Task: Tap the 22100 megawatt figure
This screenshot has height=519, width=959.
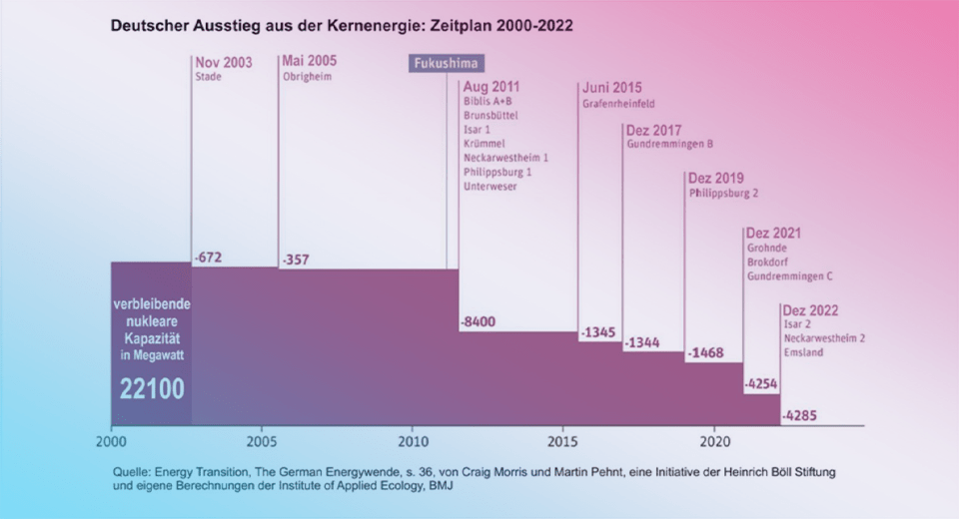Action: click(x=152, y=388)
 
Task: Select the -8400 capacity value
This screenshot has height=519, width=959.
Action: click(x=478, y=321)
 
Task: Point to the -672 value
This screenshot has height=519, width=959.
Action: click(x=208, y=258)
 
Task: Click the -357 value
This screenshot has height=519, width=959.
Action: click(x=296, y=259)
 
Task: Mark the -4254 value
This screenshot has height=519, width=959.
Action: click(x=761, y=383)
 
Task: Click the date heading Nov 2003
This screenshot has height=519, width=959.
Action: click(x=224, y=63)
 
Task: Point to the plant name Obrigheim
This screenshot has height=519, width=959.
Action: click(x=307, y=77)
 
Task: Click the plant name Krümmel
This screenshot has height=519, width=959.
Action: click(x=483, y=144)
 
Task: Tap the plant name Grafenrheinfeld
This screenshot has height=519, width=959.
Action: click(x=619, y=103)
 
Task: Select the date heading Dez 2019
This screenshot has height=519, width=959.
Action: click(x=716, y=179)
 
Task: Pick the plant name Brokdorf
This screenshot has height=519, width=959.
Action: click(x=767, y=261)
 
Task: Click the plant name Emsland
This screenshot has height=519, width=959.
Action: click(x=803, y=352)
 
